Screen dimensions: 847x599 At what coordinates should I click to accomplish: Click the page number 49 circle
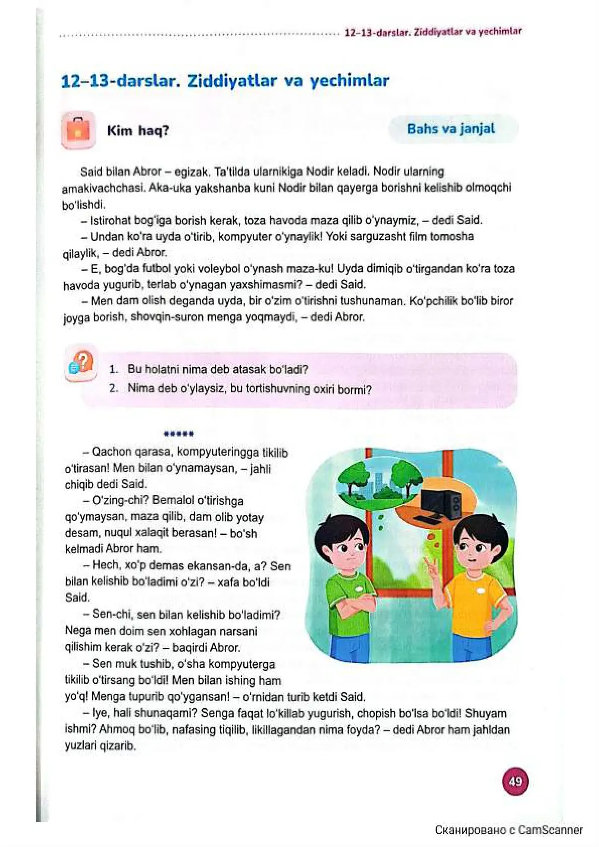coord(515,781)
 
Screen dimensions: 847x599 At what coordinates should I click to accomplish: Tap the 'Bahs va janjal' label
coord(451,129)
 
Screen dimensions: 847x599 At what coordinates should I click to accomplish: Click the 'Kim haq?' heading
coord(138,131)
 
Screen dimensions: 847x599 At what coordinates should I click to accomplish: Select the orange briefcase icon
coord(78,130)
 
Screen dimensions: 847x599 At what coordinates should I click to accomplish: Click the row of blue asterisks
coord(179,434)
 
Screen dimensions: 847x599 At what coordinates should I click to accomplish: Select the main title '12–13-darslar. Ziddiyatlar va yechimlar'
coord(225,81)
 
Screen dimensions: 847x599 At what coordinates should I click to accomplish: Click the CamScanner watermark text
coord(508,830)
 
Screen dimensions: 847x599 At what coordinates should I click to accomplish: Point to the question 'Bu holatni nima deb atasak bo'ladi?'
coord(217,370)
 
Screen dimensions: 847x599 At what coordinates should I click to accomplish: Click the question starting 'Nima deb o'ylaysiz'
coord(249,389)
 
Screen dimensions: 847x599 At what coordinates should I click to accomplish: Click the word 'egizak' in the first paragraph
coord(191,172)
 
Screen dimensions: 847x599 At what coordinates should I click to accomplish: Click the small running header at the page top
coord(433,32)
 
